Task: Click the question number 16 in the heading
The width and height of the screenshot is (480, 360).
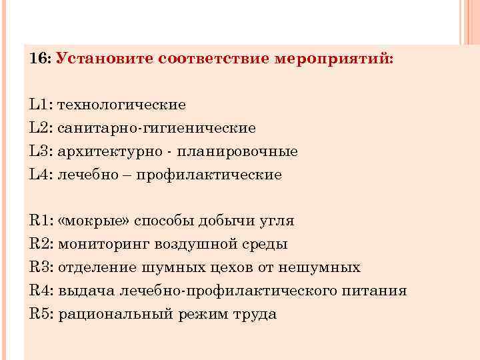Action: click(39, 59)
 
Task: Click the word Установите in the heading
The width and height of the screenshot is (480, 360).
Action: click(105, 59)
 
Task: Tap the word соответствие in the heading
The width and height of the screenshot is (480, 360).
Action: click(214, 59)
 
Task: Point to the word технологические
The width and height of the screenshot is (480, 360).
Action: click(122, 105)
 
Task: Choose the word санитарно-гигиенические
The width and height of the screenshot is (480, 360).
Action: click(157, 128)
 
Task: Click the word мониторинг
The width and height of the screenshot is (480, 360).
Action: click(100, 244)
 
